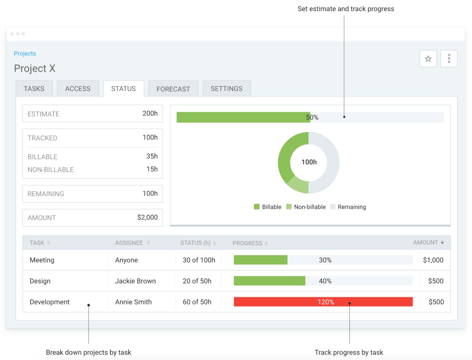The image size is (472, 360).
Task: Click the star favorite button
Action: [428, 59]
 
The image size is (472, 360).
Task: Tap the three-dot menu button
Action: [449, 59]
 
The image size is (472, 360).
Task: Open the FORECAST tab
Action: [173, 89]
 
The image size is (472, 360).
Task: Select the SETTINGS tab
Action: [227, 89]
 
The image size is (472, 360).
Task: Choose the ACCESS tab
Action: [78, 89]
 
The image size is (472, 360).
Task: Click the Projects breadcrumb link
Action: [25, 54]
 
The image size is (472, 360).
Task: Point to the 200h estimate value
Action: [150, 114]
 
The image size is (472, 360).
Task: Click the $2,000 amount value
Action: [147, 218]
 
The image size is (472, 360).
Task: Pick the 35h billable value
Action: [152, 156]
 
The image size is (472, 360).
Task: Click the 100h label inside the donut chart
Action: [309, 162]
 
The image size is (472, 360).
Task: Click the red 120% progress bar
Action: [323, 302]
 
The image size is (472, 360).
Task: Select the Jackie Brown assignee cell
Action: [135, 281]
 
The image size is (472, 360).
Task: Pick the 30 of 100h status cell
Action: [199, 260]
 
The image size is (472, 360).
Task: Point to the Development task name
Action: [50, 302]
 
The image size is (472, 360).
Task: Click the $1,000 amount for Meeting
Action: [433, 260]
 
